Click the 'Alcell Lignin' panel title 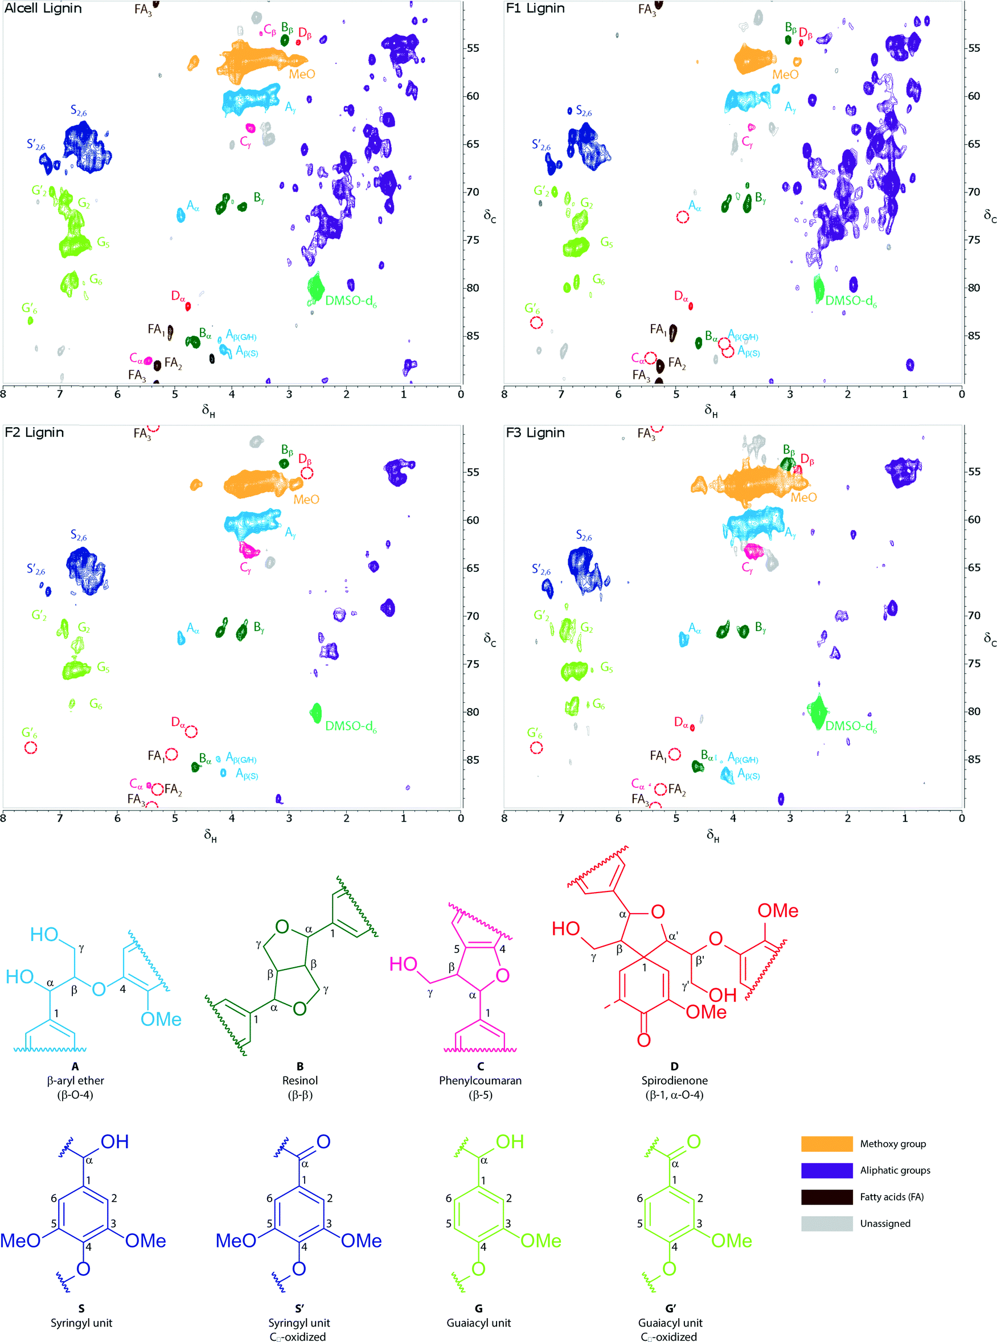(43, 9)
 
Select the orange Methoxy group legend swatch (826, 1143)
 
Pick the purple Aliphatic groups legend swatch (826, 1170)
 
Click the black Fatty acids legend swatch (826, 1197)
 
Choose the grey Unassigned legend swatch (826, 1223)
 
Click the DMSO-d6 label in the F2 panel (351, 726)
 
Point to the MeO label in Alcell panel (302, 74)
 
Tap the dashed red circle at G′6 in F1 (536, 322)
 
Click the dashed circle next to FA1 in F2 (172, 754)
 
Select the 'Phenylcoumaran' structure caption (480, 1080)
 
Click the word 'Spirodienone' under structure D (674, 1080)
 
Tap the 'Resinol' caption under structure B (300, 1080)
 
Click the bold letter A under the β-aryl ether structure (75, 1066)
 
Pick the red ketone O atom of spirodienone (644, 1040)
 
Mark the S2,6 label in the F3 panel (584, 535)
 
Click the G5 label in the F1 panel (606, 243)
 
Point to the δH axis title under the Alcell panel (208, 411)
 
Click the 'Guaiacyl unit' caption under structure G (479, 1323)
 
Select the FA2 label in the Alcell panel (173, 363)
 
